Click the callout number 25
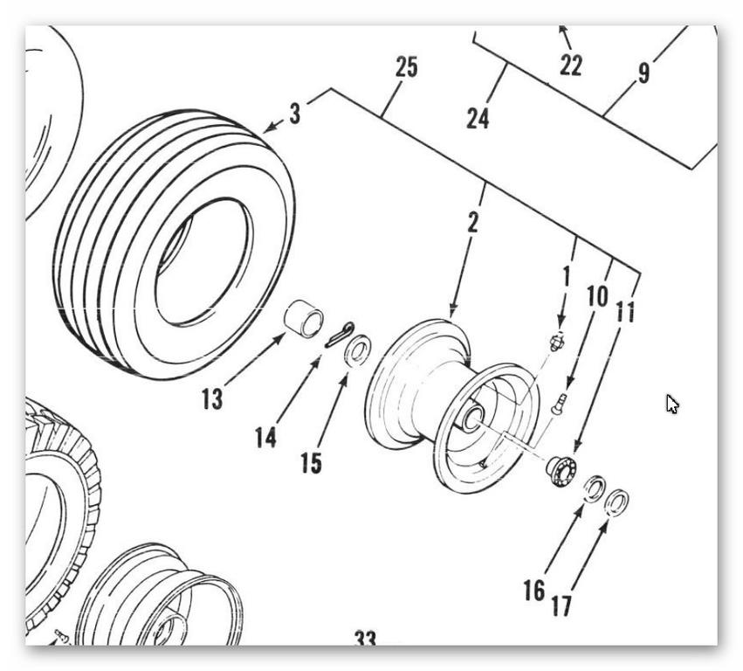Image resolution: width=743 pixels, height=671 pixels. [x=406, y=67]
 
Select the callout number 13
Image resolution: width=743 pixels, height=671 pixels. [x=211, y=399]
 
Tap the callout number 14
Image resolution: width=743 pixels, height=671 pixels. [x=266, y=436]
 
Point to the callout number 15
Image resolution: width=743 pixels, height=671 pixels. [x=311, y=462]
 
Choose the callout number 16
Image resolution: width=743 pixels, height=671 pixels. [x=534, y=591]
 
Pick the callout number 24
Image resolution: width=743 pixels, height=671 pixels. [x=478, y=118]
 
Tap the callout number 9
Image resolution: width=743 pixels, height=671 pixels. [x=643, y=73]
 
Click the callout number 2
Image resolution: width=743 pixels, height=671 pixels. [x=472, y=222]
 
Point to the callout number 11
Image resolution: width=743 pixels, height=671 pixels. [x=625, y=311]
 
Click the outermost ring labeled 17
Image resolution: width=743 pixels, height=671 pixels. [x=616, y=502]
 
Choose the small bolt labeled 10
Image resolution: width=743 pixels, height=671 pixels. [x=560, y=402]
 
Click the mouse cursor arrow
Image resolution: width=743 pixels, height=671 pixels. [x=671, y=404]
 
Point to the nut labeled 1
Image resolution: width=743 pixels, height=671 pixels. [x=555, y=342]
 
